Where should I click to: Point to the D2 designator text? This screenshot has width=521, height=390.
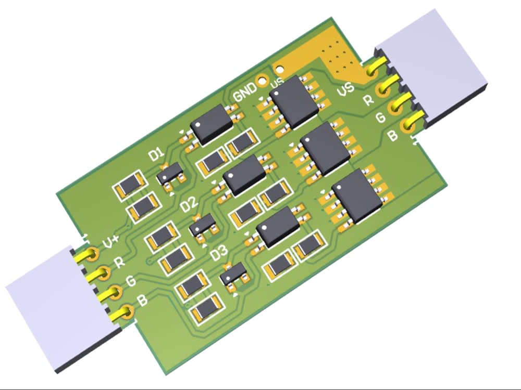[x=189, y=205]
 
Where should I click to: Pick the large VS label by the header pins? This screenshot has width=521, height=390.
[x=346, y=89]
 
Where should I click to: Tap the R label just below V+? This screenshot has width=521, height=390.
[x=119, y=262]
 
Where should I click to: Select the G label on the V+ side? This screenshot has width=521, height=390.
[x=131, y=281]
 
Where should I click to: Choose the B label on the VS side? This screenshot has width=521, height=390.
[x=393, y=136]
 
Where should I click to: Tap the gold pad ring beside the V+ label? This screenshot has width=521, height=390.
[x=92, y=254]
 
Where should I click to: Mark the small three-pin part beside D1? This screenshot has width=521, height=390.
[x=170, y=174]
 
